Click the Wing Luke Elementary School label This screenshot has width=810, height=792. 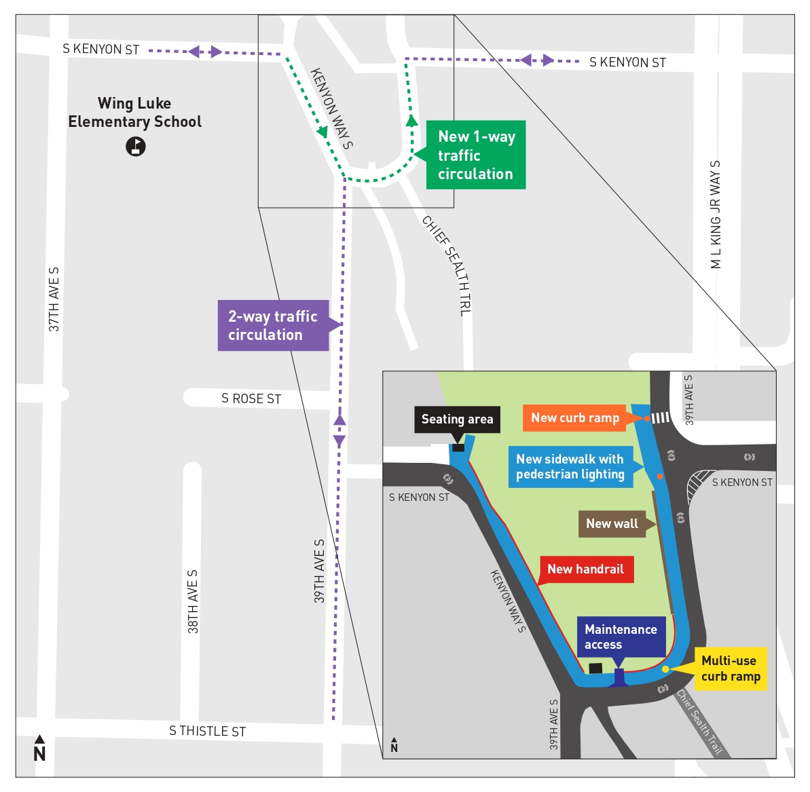coord(135,112)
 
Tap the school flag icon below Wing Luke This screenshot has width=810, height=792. coord(136,147)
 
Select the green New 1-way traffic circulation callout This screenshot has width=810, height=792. coord(475,155)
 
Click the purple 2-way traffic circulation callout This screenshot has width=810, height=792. coord(273,325)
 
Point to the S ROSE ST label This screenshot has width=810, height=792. coord(251,398)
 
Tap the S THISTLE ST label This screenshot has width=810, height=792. coord(207,731)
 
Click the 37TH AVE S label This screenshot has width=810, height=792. coord(54,299)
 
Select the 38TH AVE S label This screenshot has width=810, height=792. coord(192,601)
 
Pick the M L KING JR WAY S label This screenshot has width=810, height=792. coord(716,214)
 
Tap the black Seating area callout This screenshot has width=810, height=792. coord(457,419)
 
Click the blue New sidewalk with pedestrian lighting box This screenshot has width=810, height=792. coord(570,467)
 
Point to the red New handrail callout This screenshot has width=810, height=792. coord(586,569)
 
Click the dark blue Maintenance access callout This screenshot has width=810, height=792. coord(621,637)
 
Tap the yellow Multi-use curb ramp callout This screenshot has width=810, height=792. coord(731,668)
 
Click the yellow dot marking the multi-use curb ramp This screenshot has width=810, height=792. coord(665,669)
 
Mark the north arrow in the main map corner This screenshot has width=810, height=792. coord(40,748)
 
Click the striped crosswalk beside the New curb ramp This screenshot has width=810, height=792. coord(661,417)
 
